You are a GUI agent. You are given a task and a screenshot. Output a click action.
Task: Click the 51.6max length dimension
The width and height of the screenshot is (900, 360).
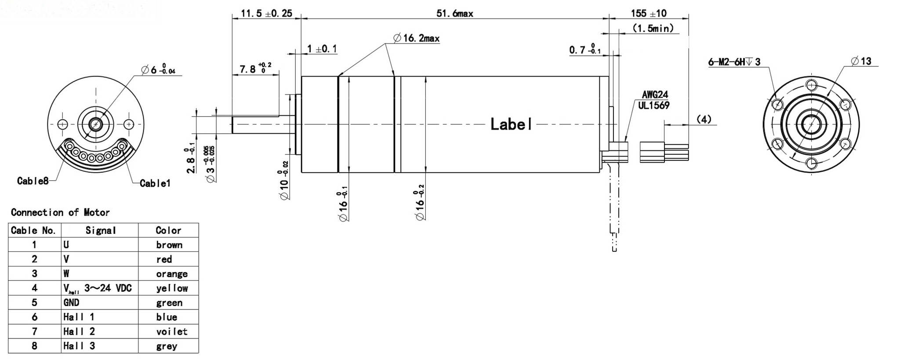click(x=454, y=14)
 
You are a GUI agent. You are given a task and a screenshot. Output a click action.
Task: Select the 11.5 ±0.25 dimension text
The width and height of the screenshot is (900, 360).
click(x=266, y=14)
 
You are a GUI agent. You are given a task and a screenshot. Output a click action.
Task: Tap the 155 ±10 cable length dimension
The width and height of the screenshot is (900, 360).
click(x=648, y=14)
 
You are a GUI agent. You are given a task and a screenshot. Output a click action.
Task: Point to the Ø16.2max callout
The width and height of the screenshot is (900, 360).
click(x=416, y=39)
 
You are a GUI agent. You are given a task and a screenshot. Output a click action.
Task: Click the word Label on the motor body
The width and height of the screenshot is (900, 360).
click(x=511, y=124)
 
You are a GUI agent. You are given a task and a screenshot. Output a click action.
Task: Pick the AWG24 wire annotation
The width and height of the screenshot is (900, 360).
click(x=654, y=95)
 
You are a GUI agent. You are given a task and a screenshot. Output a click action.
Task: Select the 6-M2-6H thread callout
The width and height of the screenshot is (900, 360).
click(x=733, y=62)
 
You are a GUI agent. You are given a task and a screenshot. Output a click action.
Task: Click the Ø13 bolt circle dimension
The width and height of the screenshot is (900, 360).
click(x=861, y=62)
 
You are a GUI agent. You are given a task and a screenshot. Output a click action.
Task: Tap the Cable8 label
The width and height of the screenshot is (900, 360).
click(x=33, y=181)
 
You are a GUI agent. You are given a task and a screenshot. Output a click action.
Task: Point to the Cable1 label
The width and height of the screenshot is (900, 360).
click(x=155, y=184)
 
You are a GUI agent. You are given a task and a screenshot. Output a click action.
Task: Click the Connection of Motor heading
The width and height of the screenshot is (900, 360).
click(x=60, y=213)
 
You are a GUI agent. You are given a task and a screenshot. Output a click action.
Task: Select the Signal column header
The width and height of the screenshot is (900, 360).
click(x=100, y=230)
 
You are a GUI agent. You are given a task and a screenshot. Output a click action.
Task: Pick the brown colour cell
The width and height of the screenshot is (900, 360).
click(x=169, y=245)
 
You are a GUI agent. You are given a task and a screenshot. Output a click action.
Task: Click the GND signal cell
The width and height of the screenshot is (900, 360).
click(x=71, y=302)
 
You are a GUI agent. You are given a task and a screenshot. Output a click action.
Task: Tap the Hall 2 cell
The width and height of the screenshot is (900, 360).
click(x=79, y=331)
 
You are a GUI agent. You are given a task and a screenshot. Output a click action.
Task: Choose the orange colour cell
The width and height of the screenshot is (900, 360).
click(x=171, y=274)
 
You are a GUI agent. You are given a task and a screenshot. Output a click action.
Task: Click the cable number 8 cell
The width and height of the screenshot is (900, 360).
click(x=34, y=346)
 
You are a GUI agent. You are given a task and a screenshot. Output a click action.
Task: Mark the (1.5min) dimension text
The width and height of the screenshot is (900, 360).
click(x=653, y=29)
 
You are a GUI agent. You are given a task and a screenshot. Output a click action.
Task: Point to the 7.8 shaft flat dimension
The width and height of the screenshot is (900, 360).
click(x=255, y=69)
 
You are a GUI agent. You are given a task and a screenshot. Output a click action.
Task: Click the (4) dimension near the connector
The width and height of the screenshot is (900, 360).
click(x=704, y=120)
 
